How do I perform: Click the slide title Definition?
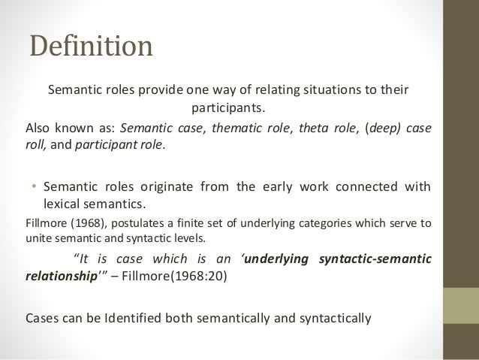pos(90,47)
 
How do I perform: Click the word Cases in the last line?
pos(42,316)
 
